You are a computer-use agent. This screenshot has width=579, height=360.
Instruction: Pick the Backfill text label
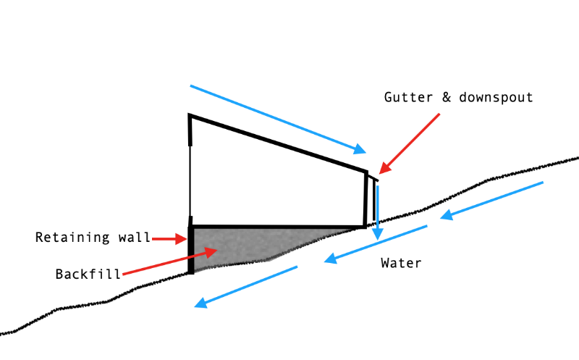click(87, 275)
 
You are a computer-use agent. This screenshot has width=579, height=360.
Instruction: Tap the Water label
click(401, 263)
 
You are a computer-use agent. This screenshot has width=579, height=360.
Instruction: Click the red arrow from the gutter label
click(409, 143)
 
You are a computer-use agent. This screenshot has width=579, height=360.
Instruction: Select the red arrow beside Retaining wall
click(170, 238)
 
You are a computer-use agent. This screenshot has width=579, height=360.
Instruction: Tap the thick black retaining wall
click(191, 250)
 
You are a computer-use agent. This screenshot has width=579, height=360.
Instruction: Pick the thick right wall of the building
click(365, 199)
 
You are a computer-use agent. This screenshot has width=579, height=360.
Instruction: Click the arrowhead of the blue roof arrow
click(360, 150)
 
